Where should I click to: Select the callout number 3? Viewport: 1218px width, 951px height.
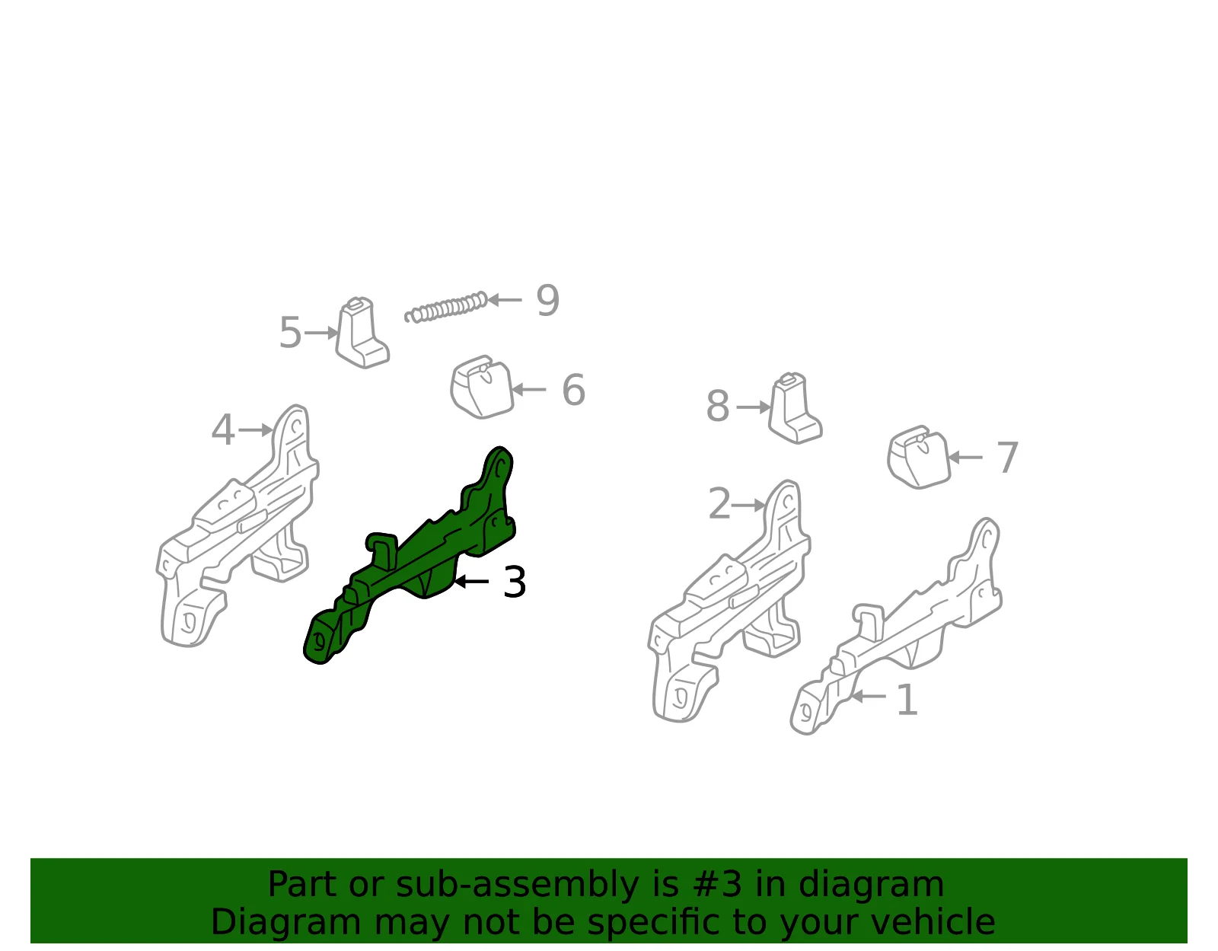coord(515,582)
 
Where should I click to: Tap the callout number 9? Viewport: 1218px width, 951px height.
coord(547,300)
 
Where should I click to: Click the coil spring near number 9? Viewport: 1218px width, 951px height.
coord(446,308)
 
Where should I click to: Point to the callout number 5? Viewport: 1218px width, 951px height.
coord(290,332)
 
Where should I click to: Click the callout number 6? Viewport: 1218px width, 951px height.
coord(573,390)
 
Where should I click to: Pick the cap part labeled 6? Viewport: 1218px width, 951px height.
coord(482,388)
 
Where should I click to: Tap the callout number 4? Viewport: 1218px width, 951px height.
coord(222,430)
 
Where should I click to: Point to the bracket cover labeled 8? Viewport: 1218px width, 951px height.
coord(796,408)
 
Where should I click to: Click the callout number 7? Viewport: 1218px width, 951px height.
coord(1007,458)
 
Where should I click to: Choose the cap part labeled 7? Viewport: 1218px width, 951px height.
coord(919,458)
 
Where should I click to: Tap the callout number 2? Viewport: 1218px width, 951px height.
coord(719,503)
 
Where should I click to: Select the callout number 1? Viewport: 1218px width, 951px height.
coord(907,700)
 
